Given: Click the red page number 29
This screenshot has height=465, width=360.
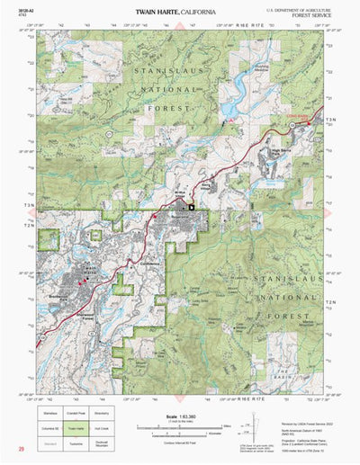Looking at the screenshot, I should (19, 447).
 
